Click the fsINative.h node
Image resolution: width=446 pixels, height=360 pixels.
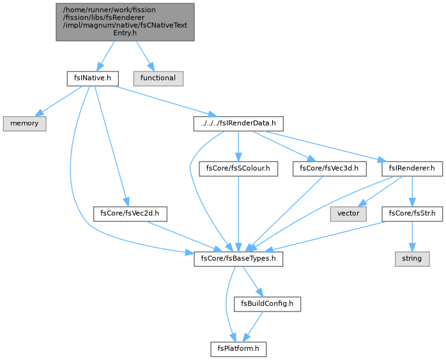point(93,79)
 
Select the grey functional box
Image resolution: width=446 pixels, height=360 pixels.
point(158,79)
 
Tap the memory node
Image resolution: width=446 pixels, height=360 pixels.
point(25,124)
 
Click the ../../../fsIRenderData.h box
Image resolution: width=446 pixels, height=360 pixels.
point(238,124)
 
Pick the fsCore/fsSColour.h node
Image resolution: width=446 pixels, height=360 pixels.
point(238,169)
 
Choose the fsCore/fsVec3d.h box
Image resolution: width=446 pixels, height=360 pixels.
point(329,169)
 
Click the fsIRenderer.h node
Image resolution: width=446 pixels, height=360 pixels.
point(412,169)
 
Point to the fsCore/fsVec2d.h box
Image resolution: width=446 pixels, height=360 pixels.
point(130,214)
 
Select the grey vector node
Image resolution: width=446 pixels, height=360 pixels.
point(348,214)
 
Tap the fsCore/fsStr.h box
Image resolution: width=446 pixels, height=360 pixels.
point(412,214)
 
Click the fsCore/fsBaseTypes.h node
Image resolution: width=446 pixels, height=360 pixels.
point(238,259)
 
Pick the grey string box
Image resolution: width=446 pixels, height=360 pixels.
point(412,259)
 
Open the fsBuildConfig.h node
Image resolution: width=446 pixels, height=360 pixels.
point(267,304)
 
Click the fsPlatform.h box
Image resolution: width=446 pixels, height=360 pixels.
point(238,350)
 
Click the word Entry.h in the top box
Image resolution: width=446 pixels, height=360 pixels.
point(125,33)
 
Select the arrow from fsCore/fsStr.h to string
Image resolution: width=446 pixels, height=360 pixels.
point(412,236)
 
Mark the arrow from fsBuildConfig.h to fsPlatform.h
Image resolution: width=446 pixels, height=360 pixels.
point(253,327)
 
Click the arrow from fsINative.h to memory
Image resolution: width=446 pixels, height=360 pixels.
point(59,101)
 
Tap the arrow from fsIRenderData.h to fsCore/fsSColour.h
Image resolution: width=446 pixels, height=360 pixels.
point(238,146)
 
